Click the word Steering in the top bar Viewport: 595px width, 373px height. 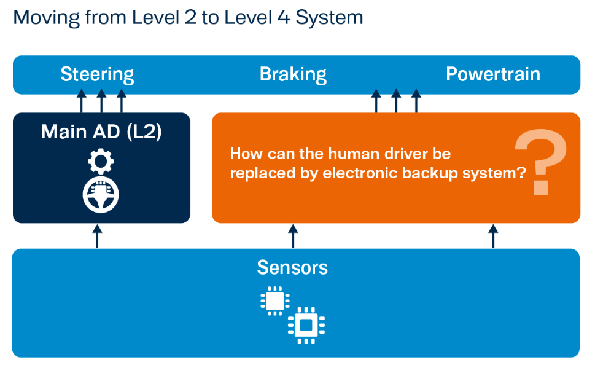pos(97,74)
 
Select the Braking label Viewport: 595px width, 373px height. pos(293,74)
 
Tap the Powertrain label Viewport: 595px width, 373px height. pos(492,74)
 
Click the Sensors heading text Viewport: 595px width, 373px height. pos(292,268)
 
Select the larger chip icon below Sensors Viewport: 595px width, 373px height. pos(306,324)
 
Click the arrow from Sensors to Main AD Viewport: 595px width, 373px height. pos(97,236)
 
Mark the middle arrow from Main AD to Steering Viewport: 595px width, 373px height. pos(101,101)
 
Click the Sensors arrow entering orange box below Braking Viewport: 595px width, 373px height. pos(293,236)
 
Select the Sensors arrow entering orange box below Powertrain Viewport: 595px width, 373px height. pos(492,236)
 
